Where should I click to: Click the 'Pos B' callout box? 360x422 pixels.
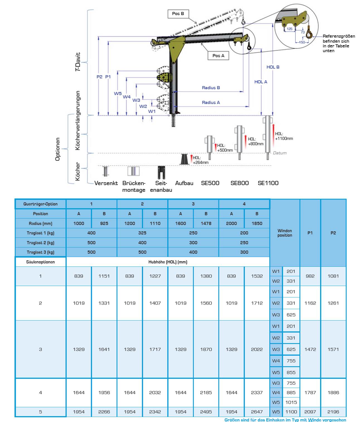click(x=178, y=14)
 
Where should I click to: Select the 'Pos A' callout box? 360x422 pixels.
click(x=218, y=56)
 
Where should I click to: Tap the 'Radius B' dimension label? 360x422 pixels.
click(x=211, y=88)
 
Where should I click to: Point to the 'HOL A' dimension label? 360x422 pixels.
click(x=261, y=82)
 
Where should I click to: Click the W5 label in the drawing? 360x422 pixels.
click(x=118, y=94)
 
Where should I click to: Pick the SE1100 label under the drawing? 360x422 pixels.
click(x=268, y=183)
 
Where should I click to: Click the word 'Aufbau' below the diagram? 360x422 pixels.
click(x=184, y=183)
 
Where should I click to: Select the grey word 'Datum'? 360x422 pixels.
click(x=279, y=153)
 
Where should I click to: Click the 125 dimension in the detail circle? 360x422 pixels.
click(x=290, y=29)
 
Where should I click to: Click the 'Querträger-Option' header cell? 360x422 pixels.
click(x=40, y=204)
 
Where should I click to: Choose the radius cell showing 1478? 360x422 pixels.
click(x=206, y=223)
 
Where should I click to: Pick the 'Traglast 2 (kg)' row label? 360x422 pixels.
click(x=40, y=242)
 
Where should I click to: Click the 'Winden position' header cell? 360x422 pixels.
click(x=284, y=233)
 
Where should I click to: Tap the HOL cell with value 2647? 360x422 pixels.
click(x=257, y=412)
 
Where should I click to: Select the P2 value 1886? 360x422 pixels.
click(x=333, y=392)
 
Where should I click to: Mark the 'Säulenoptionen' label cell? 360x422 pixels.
click(x=40, y=262)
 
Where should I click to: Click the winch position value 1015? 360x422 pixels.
click(x=291, y=402)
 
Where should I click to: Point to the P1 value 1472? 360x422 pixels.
click(x=310, y=349)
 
